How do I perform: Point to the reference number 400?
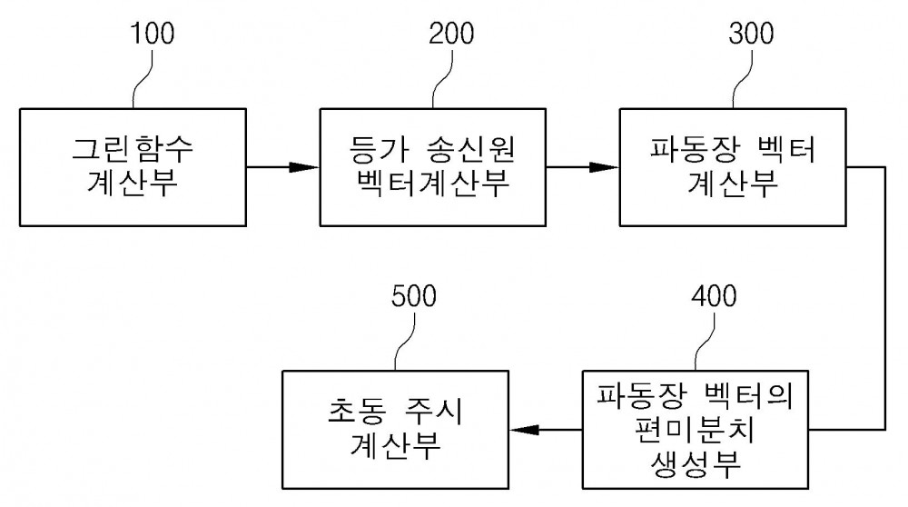point(714,296)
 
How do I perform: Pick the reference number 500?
point(413,296)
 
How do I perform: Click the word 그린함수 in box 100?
point(133,148)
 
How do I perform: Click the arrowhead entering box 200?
point(306,167)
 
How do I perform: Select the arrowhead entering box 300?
point(605,167)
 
